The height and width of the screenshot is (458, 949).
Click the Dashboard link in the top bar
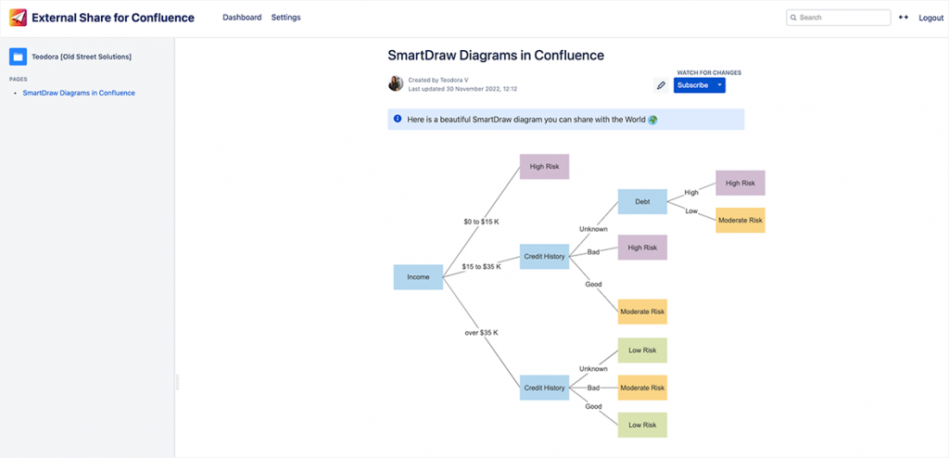click(242, 18)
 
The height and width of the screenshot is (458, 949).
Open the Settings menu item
click(285, 18)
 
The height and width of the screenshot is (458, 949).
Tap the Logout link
click(930, 18)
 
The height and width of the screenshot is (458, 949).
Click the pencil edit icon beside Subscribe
click(661, 85)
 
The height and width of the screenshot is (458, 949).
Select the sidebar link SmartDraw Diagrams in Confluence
click(79, 93)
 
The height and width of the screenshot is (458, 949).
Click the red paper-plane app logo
click(17, 18)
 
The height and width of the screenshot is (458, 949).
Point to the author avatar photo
click(396, 83)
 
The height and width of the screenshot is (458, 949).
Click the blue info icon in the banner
click(398, 120)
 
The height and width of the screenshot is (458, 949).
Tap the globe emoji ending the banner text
click(652, 120)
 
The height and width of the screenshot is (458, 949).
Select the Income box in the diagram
click(418, 277)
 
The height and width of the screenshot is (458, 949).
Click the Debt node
click(642, 201)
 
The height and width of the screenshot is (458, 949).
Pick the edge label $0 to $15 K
click(481, 222)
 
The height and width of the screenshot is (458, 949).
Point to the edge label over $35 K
click(481, 332)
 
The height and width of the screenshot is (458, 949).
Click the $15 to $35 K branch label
click(481, 266)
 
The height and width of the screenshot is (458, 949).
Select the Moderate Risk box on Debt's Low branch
click(740, 221)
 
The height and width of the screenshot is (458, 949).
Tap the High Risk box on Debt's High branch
click(740, 183)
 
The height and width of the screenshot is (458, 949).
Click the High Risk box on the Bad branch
click(642, 248)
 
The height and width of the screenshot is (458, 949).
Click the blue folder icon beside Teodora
click(18, 57)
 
